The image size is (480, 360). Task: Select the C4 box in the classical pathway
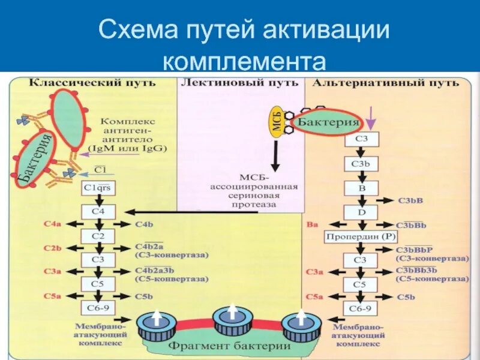98,212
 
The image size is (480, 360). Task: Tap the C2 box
98,236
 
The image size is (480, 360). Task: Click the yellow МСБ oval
277,124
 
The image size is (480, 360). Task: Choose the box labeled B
361,188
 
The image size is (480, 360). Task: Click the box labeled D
361,212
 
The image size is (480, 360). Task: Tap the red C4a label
53,224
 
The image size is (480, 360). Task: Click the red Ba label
311,224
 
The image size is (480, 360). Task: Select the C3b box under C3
361,164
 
